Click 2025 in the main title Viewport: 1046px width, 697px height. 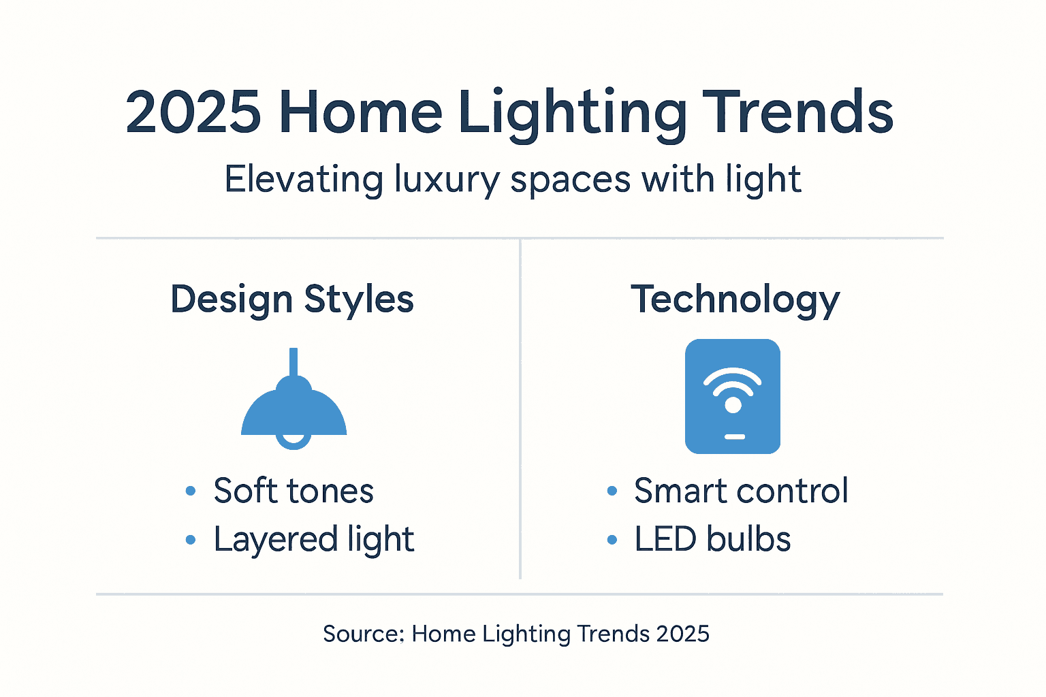click(x=193, y=113)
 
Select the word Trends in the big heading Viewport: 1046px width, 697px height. click(x=797, y=113)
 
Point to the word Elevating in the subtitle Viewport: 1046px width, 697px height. click(x=304, y=180)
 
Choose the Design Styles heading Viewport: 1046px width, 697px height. click(x=292, y=299)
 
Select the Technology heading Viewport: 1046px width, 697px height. click(x=735, y=299)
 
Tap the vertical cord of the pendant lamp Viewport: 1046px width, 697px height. click(x=294, y=361)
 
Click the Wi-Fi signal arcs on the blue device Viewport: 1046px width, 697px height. click(x=733, y=380)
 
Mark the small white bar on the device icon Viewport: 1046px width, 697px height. click(x=734, y=436)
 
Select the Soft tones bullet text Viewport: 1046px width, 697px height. click(x=294, y=491)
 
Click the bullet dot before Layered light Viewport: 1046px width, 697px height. click(x=191, y=540)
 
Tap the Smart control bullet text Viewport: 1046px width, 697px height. click(x=741, y=491)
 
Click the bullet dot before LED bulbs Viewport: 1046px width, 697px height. click(x=612, y=540)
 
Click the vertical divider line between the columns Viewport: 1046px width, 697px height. click(x=520, y=408)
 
